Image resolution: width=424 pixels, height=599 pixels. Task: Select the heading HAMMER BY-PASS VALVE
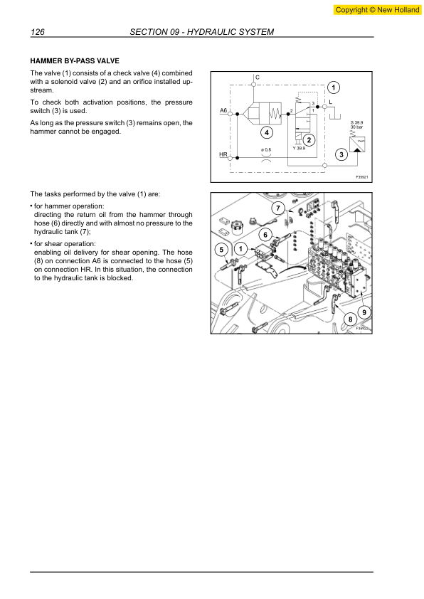tap(74, 61)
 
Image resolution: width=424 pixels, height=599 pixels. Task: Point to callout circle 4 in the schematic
tap(265, 132)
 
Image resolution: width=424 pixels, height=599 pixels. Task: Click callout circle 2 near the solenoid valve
tap(309, 139)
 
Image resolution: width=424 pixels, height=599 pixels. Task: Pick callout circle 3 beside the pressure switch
tap(342, 154)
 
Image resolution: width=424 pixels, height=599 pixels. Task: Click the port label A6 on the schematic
tap(223, 111)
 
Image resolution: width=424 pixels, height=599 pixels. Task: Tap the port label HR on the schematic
tap(223, 153)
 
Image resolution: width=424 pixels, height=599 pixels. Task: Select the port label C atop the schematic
tap(257, 76)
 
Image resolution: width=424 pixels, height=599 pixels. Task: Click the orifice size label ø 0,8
tap(266, 149)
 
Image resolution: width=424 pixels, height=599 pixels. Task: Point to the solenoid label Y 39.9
tap(300, 148)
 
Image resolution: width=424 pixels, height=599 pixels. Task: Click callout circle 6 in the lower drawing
tap(265, 234)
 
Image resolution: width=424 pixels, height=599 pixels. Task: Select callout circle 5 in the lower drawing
tap(222, 250)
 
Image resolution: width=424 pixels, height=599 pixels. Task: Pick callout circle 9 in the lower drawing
tap(364, 312)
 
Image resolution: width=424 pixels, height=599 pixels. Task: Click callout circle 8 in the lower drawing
tap(350, 321)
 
